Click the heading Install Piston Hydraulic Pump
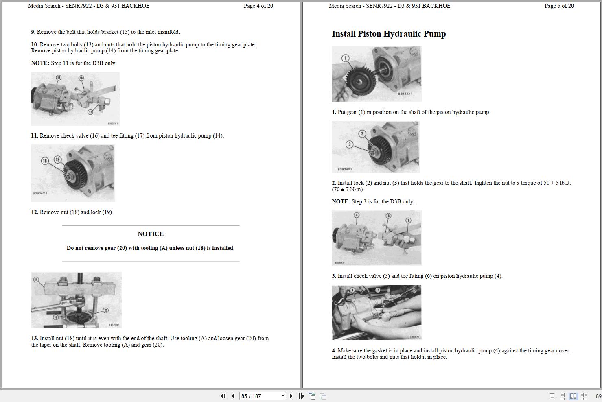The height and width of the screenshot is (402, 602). pyautogui.click(x=389, y=34)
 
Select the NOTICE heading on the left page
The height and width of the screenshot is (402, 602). pyautogui.click(x=150, y=234)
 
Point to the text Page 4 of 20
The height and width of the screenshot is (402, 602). pyautogui.click(x=258, y=6)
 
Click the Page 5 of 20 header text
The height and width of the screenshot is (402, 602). pyautogui.click(x=559, y=6)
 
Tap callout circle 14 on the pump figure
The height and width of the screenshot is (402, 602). pyautogui.click(x=59, y=78)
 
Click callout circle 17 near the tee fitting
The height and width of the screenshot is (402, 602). pyautogui.click(x=90, y=112)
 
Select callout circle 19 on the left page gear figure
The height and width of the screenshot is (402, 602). pyautogui.click(x=57, y=159)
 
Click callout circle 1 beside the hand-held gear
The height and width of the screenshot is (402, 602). pyautogui.click(x=345, y=58)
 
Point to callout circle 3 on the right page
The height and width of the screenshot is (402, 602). pyautogui.click(x=349, y=144)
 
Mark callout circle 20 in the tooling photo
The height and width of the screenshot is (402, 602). pyautogui.click(x=105, y=310)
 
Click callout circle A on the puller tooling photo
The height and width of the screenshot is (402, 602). pyautogui.click(x=36, y=280)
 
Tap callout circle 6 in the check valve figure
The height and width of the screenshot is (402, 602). pyautogui.click(x=408, y=220)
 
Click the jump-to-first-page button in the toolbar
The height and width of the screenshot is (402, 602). pyautogui.click(x=223, y=396)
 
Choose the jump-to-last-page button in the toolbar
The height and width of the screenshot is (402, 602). pyautogui.click(x=301, y=396)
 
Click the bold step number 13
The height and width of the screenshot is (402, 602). pyautogui.click(x=35, y=339)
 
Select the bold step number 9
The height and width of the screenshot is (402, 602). pyautogui.click(x=33, y=32)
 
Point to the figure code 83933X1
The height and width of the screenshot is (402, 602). pyautogui.click(x=405, y=94)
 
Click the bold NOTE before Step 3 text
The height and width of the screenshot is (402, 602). pyautogui.click(x=341, y=202)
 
